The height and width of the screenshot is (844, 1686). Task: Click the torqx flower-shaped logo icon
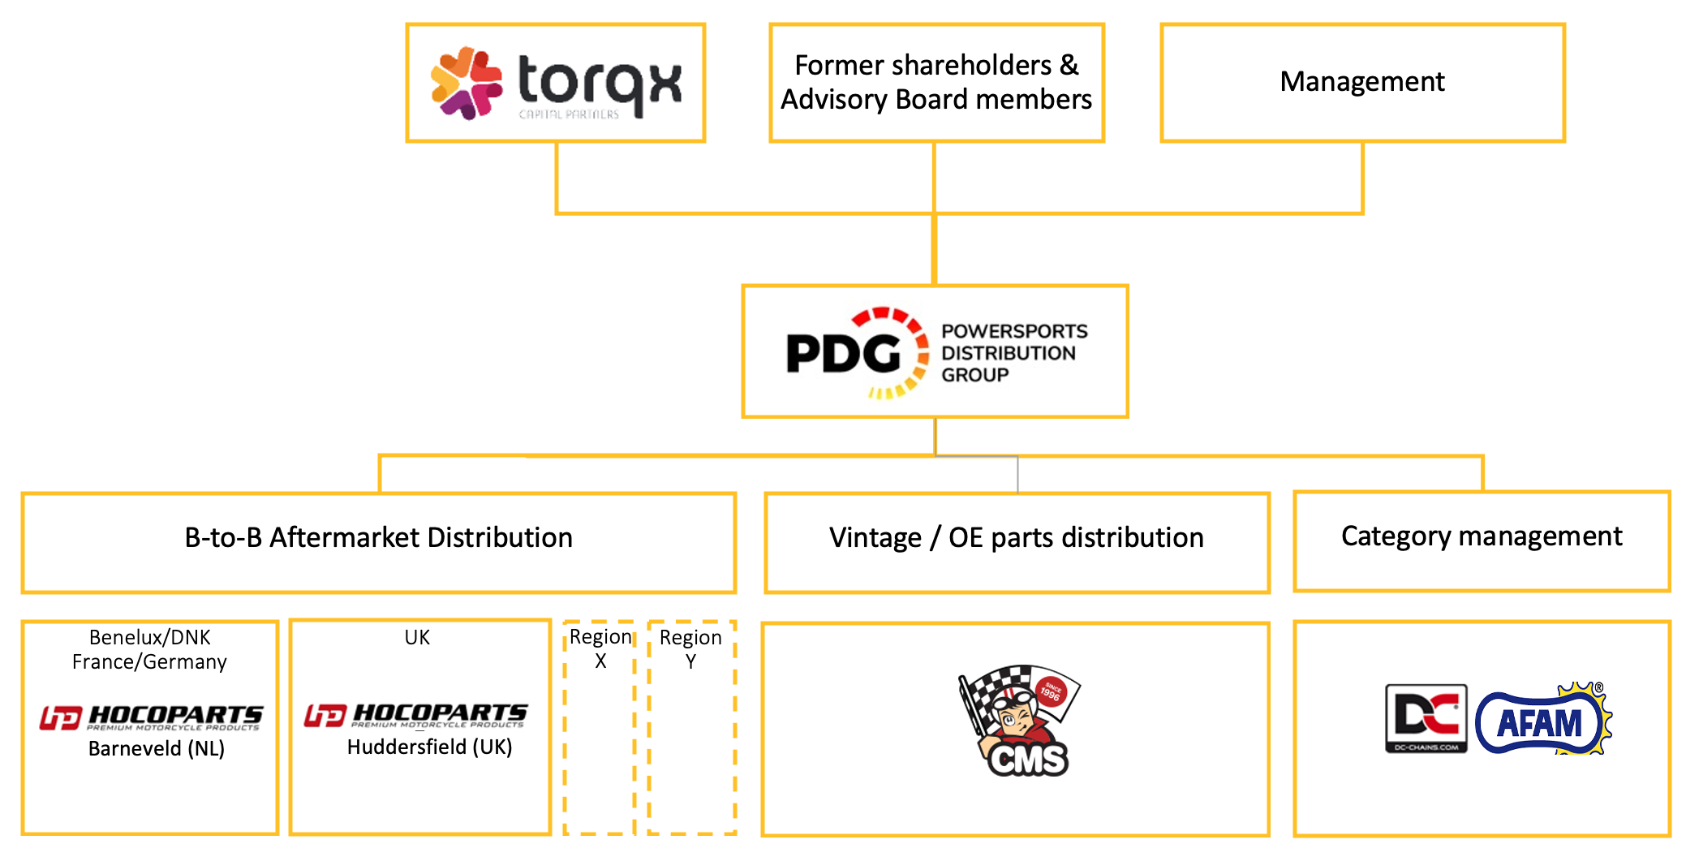pyautogui.click(x=466, y=83)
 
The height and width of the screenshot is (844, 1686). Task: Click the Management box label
pyautogui.click(x=1362, y=82)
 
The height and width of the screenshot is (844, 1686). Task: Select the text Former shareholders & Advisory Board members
pyautogui.click(x=936, y=82)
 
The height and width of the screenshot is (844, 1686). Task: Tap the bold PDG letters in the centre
pyautogui.click(x=844, y=353)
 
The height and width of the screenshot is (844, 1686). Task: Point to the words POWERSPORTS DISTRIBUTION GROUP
pyautogui.click(x=1013, y=353)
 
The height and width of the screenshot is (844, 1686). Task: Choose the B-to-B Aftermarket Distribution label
pyautogui.click(x=378, y=537)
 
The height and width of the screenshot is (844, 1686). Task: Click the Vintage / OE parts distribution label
pyautogui.click(x=1016, y=537)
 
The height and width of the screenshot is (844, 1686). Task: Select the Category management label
pyautogui.click(x=1482, y=536)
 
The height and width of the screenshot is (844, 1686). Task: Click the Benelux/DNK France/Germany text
pyautogui.click(x=149, y=649)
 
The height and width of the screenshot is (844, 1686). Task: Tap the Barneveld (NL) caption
pyautogui.click(x=157, y=748)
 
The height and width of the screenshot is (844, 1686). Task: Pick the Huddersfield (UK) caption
pyautogui.click(x=429, y=747)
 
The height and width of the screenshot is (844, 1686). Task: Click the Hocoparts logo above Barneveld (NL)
pyautogui.click(x=152, y=717)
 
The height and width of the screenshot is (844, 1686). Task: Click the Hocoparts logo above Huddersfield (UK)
pyautogui.click(x=416, y=715)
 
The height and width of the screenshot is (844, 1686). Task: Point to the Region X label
pyautogui.click(x=600, y=648)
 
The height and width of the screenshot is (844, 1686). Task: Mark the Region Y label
pyautogui.click(x=690, y=648)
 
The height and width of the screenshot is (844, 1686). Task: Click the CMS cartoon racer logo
pyautogui.click(x=1019, y=721)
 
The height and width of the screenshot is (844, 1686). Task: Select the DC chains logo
pyautogui.click(x=1426, y=718)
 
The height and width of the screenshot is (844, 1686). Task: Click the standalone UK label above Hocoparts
pyautogui.click(x=417, y=637)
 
